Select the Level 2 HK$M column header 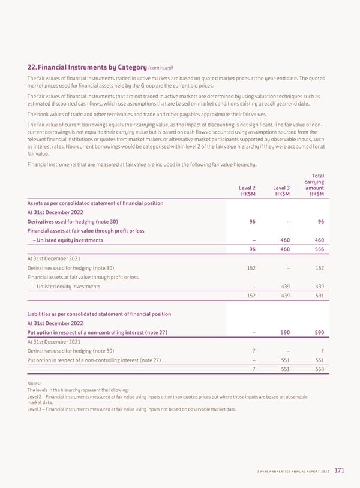pos(248,191)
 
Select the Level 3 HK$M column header pos(281,191)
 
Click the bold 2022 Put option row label pos(97,333)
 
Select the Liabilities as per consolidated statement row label pos(99,314)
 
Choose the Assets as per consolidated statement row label pos(95,203)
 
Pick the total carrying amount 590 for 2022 pos(319,333)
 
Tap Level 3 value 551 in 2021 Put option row pos(286,360)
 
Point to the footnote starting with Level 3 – pos(132,409)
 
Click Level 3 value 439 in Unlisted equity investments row pos(286,286)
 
